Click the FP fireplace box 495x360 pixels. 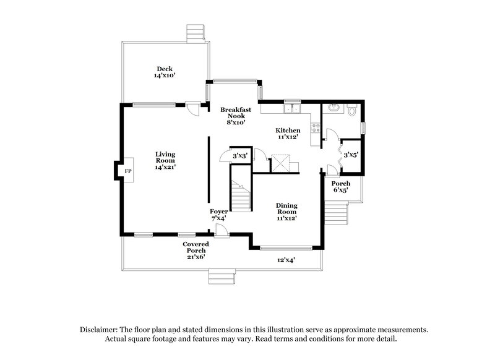click(x=128, y=171)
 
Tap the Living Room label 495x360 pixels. click(x=165, y=160)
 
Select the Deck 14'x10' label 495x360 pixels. click(x=165, y=72)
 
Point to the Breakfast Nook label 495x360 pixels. click(x=236, y=116)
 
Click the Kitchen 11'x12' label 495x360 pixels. click(x=288, y=134)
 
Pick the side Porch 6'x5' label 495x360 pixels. click(x=340, y=187)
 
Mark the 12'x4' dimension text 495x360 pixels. click(x=285, y=260)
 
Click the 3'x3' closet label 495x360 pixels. click(x=239, y=156)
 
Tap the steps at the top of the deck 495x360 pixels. click(x=196, y=33)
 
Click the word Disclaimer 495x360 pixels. click(x=101, y=330)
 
